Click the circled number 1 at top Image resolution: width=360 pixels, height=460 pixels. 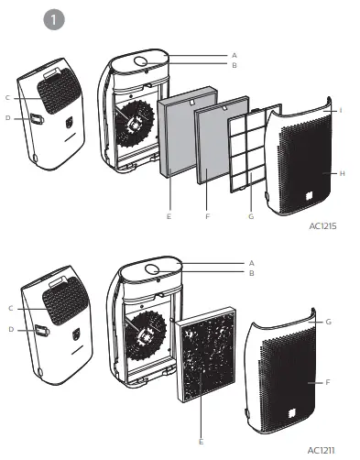pos(55,19)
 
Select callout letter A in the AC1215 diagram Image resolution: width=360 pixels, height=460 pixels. pos(235,56)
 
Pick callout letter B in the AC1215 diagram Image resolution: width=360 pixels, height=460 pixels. pos(235,66)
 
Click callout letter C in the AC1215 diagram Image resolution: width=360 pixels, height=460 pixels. pos(7,97)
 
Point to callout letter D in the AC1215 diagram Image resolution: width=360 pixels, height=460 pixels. pos(7,117)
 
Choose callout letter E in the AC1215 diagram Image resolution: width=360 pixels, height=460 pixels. pos(169,216)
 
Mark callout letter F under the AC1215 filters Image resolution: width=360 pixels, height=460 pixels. pos(209,216)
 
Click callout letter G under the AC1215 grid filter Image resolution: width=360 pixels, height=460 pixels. pos(250,216)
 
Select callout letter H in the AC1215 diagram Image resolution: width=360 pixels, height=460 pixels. pos(341,172)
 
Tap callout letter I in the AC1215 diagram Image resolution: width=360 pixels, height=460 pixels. pos(341,110)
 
